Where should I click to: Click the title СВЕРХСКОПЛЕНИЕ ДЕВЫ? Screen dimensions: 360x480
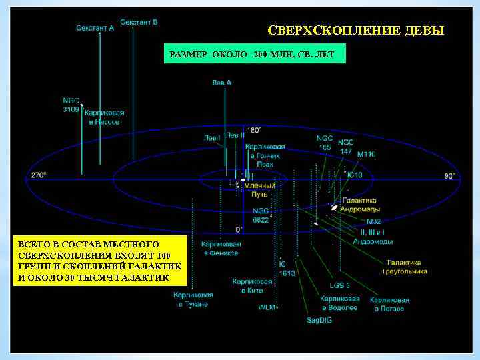355,31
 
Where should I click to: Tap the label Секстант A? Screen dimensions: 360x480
95,29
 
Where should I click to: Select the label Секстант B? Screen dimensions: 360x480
139,22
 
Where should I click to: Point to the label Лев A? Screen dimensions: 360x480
221,83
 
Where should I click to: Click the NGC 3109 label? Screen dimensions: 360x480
71,105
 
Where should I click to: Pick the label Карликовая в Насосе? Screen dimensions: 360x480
104,118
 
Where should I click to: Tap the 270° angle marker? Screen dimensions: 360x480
38,175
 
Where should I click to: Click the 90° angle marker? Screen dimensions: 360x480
449,175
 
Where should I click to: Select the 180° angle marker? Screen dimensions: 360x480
254,131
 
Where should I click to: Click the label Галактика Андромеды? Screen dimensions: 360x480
359,205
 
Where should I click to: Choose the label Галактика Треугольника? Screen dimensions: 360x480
404,267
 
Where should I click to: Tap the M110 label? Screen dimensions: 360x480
366,155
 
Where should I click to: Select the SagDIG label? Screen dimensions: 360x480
319,320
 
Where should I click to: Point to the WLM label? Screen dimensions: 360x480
266,307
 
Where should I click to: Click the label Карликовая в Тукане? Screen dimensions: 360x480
193,299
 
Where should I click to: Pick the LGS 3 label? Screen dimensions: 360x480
339,285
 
